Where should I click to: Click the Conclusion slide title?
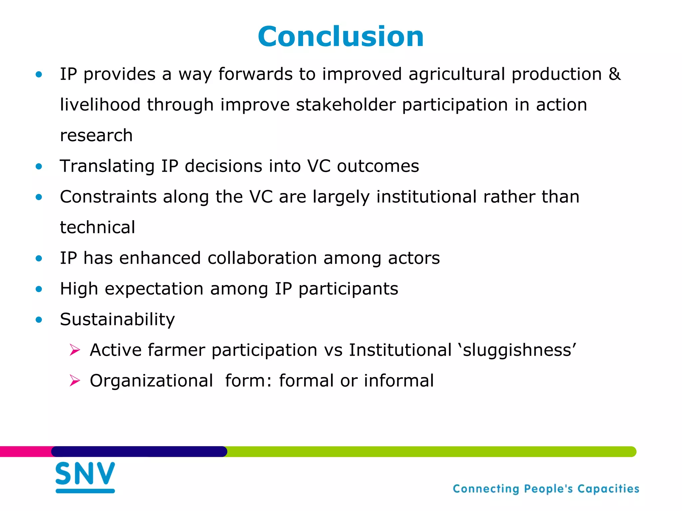[341, 37]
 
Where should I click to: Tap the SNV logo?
[85, 476]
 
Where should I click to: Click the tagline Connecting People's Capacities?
[546, 489]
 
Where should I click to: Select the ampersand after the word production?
[615, 74]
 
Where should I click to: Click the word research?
[96, 135]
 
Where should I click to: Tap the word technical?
[98, 228]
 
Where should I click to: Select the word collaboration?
[262, 258]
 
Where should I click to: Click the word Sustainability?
[117, 319]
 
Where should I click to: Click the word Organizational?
[152, 381]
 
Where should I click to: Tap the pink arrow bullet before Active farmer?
[75, 350]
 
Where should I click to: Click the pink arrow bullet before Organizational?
[75, 381]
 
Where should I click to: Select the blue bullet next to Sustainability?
[39, 320]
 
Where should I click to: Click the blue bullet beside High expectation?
[39, 289]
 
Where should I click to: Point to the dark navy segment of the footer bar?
[139, 451]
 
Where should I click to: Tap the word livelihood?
[100, 105]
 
